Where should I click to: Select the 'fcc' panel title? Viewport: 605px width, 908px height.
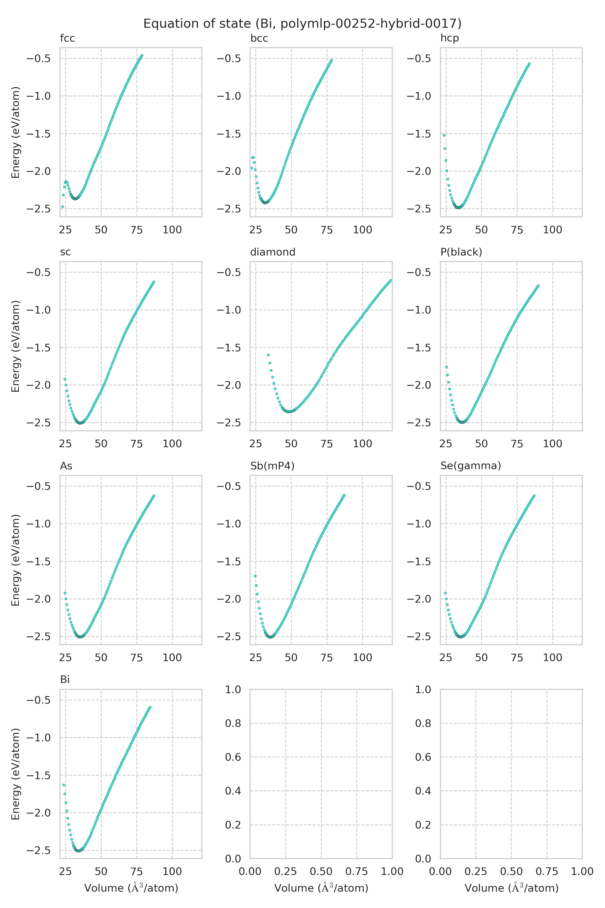click(68, 39)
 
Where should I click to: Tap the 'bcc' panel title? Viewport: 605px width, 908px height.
click(259, 39)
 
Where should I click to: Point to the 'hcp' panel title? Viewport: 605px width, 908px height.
click(449, 39)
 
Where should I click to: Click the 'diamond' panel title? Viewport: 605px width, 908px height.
click(273, 252)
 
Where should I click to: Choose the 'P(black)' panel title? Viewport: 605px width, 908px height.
click(461, 252)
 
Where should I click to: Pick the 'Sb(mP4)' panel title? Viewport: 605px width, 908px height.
click(272, 466)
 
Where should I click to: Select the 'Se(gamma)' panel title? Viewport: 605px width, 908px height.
click(470, 466)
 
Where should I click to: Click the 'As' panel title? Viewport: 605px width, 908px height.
click(66, 466)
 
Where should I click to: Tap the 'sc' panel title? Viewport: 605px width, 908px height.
click(65, 252)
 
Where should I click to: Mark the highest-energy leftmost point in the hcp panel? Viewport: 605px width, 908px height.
click(444, 135)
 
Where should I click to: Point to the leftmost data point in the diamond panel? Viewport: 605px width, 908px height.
click(268, 355)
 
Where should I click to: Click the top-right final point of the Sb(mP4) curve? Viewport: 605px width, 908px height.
click(344, 495)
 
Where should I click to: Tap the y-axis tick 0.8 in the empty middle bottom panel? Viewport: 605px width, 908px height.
click(233, 723)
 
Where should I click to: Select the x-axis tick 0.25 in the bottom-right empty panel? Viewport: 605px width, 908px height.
click(476, 871)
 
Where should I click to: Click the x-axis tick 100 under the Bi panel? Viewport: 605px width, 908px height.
click(172, 871)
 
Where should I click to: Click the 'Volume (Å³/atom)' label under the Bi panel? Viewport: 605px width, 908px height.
click(131, 888)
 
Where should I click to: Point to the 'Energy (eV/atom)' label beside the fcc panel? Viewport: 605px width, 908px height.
click(15, 132)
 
